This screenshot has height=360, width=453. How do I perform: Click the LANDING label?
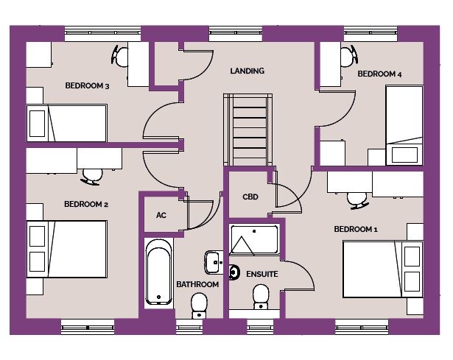click(x=247, y=71)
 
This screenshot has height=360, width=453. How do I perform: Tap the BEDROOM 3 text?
click(x=87, y=85)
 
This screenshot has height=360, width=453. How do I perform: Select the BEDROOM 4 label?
click(x=379, y=74)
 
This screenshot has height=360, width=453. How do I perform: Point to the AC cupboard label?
click(x=161, y=215)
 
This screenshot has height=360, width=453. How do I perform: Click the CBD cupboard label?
click(x=250, y=197)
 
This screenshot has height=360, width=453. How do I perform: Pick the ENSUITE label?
click(x=262, y=274)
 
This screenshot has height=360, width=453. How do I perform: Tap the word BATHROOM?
click(x=197, y=284)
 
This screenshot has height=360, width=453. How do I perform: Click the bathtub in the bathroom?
click(x=158, y=272)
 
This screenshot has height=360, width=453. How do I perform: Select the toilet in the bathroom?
click(x=199, y=306)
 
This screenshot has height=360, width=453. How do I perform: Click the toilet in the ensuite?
click(x=261, y=297)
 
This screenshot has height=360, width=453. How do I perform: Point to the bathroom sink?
click(x=214, y=262)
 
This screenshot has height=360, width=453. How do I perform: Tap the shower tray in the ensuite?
click(x=254, y=240)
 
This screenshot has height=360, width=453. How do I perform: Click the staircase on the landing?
click(x=248, y=130)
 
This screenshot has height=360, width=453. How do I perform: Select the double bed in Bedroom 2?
click(x=67, y=249)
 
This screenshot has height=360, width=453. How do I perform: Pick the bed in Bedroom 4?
click(x=404, y=125)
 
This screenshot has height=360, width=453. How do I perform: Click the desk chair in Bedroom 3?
click(x=119, y=56)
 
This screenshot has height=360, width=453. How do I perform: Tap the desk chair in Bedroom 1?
click(x=357, y=200)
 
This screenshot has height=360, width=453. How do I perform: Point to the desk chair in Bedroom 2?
click(x=92, y=177)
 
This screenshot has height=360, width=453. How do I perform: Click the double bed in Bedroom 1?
click(x=383, y=269)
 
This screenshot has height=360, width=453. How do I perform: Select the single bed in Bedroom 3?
click(x=67, y=123)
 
